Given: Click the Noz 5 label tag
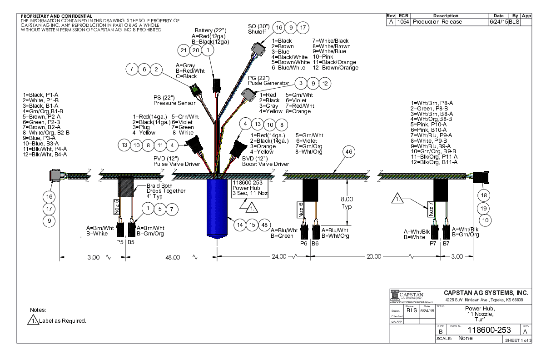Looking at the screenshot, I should pos(116,207).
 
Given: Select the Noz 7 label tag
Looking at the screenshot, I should pos(430,210).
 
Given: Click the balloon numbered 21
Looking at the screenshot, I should pos(184,50).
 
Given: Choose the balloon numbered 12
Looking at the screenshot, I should pos(324,83).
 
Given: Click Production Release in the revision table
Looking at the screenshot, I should pos(437,22).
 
